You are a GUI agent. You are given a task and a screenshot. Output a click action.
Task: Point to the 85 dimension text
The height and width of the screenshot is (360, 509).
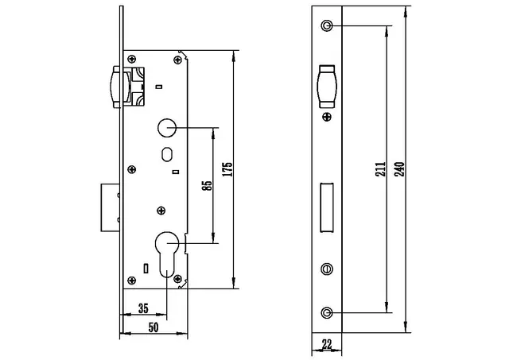pos(206,186)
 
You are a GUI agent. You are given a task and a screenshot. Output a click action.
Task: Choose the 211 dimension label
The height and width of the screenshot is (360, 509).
pos(380,169)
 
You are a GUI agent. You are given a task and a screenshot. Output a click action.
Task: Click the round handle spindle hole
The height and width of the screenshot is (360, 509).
pos(167,127)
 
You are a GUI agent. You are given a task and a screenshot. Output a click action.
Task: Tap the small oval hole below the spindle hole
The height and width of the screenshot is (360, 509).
pos(167,153)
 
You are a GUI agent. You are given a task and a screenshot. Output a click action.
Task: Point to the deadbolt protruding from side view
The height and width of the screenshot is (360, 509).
pos(110,208)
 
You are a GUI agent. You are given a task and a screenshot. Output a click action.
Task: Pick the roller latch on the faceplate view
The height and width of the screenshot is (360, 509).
pos(326,86)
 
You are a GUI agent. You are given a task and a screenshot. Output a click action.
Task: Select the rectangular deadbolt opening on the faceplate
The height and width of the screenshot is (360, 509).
pos(326,207)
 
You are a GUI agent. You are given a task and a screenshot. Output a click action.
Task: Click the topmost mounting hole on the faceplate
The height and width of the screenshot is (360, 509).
pos(326,27)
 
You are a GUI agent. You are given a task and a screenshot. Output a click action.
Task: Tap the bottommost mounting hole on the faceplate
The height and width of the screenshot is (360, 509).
pos(326,312)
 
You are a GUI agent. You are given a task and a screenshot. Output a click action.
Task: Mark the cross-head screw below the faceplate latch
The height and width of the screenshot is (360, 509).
pos(326,117)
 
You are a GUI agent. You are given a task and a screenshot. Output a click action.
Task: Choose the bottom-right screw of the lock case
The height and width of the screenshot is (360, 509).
pos(178,279)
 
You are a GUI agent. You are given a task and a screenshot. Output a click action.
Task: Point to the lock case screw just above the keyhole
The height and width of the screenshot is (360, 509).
pos(161,211)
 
